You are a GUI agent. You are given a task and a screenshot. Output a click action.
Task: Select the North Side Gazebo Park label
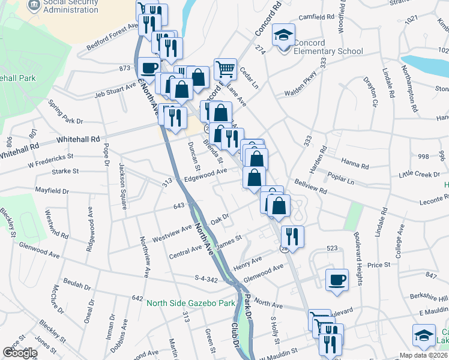(191, 303)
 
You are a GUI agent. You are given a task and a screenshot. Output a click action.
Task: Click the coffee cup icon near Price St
(337, 279)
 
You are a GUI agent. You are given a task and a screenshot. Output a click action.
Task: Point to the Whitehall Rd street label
(78, 139)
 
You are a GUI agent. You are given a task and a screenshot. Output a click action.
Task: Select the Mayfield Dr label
(52, 191)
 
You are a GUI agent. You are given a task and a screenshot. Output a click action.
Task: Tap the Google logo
(20, 353)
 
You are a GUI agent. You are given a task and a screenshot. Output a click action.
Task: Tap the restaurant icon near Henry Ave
(292, 236)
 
